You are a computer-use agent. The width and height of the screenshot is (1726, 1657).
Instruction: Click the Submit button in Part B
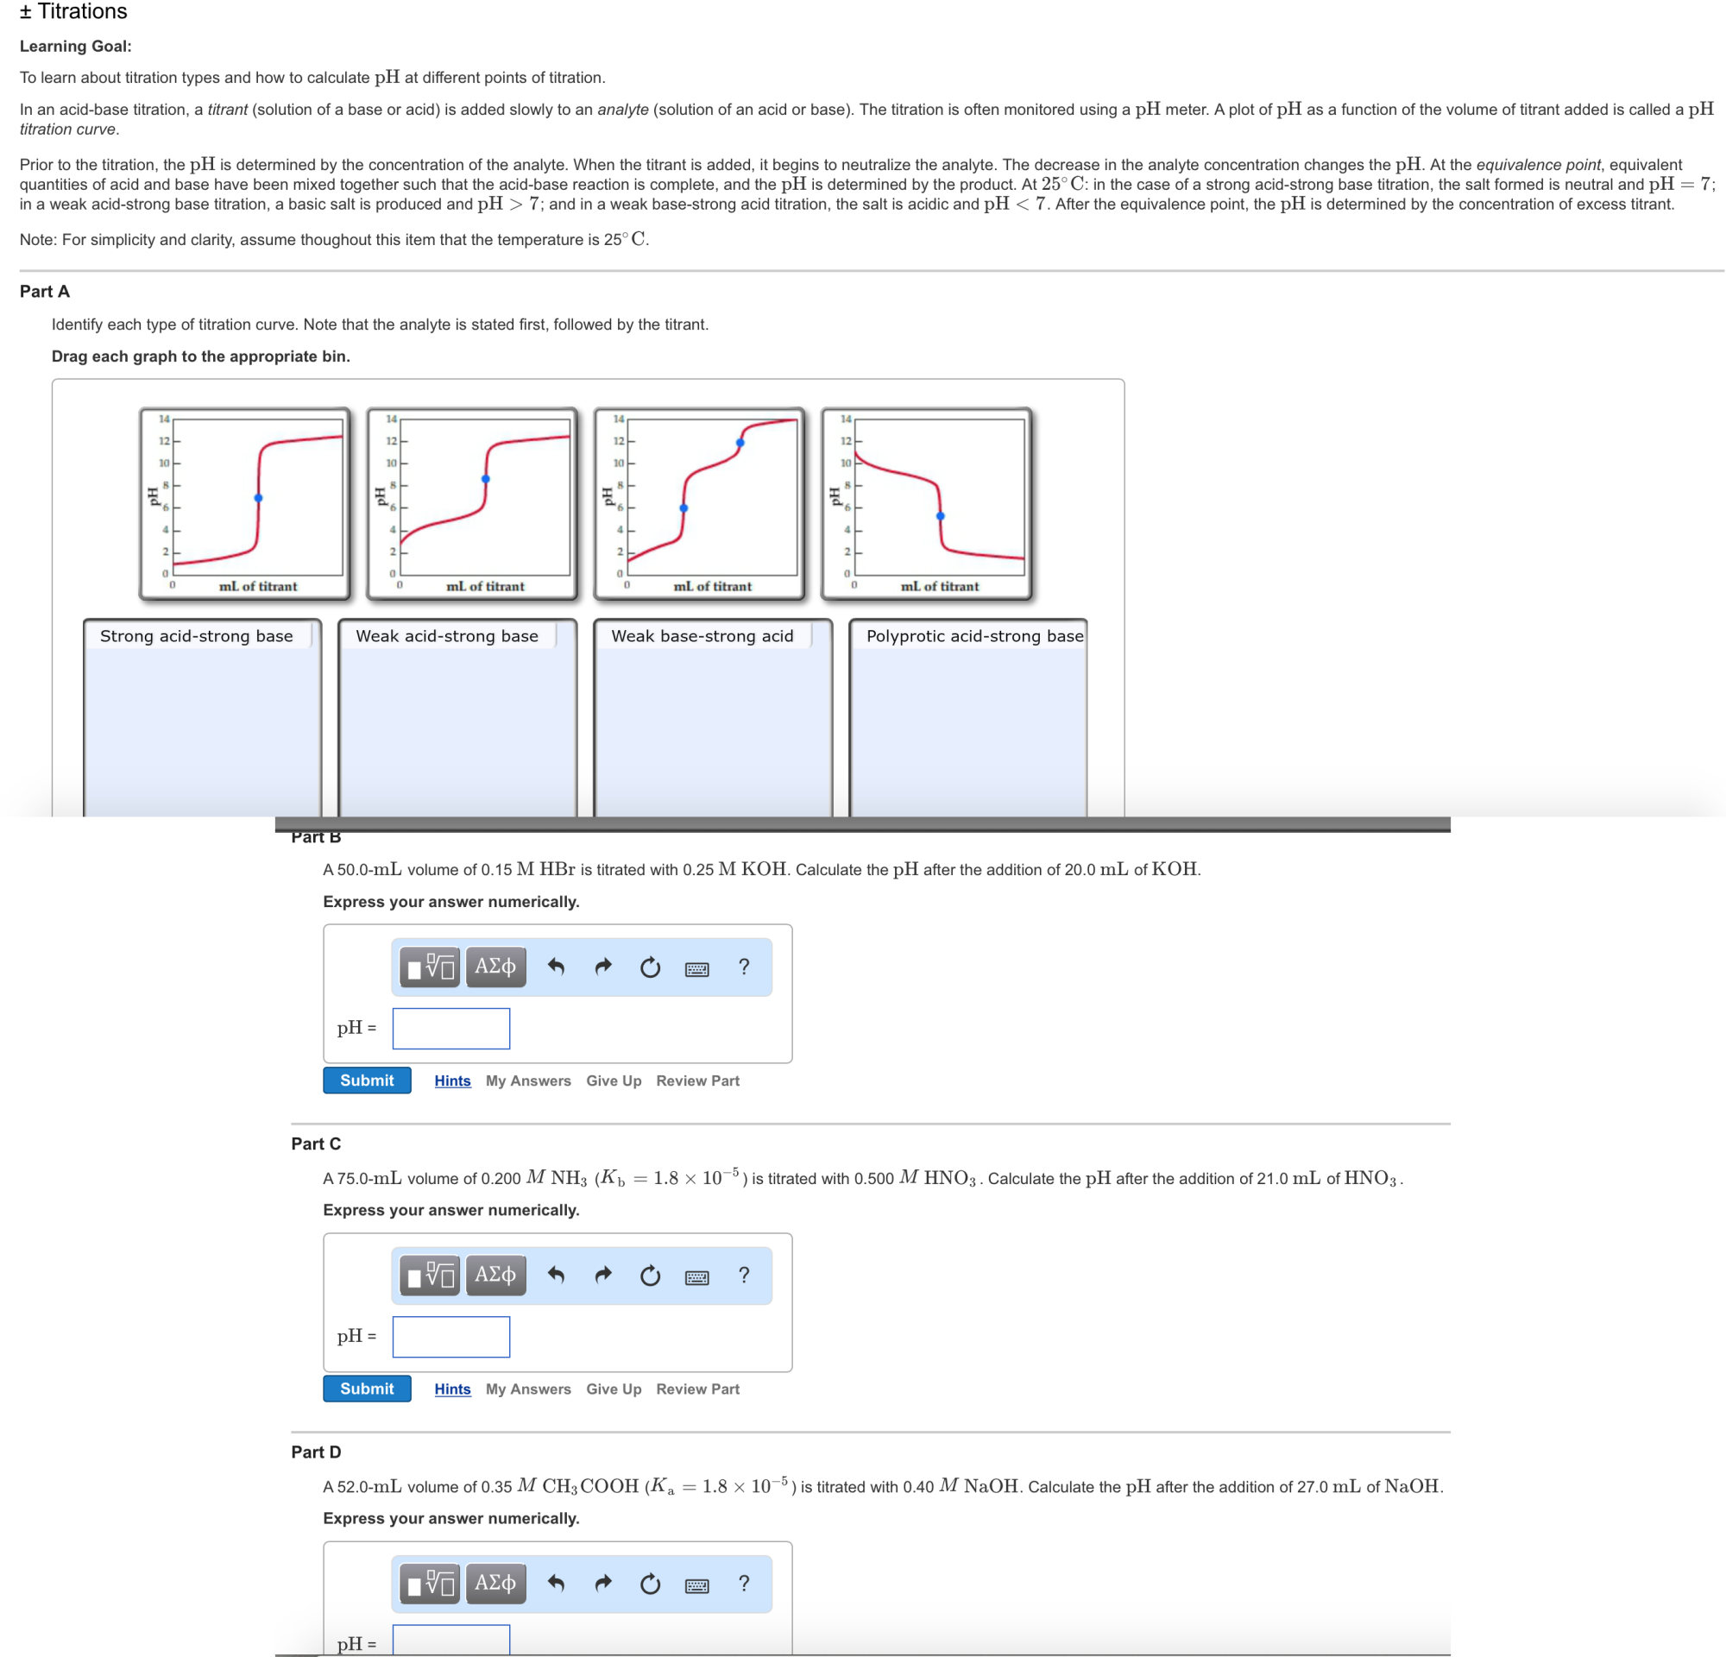click(x=366, y=1081)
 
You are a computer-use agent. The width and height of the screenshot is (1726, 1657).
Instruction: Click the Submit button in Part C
click(x=366, y=1389)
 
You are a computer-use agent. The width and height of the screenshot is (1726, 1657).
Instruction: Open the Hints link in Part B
click(x=451, y=1081)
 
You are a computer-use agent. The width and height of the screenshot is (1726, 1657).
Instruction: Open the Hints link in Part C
click(x=451, y=1389)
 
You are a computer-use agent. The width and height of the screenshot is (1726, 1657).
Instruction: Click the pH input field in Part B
click(x=450, y=1029)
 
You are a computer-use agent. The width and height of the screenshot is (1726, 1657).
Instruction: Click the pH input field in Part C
click(x=450, y=1337)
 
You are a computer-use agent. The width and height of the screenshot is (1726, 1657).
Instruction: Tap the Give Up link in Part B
click(x=613, y=1081)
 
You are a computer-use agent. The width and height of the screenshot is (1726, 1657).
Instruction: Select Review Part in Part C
click(x=697, y=1389)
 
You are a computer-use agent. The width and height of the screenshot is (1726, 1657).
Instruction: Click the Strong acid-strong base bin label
click(x=197, y=636)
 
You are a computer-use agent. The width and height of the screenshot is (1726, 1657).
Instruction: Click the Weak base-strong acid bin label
click(x=702, y=636)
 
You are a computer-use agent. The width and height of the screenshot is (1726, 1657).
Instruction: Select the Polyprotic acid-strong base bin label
click(x=974, y=636)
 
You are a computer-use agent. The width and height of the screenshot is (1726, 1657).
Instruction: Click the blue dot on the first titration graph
click(x=258, y=498)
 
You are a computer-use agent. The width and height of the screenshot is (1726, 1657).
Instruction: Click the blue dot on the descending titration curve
click(x=940, y=516)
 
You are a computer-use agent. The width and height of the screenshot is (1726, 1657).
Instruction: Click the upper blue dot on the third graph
click(x=740, y=443)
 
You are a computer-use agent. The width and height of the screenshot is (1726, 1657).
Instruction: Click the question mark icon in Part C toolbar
click(x=744, y=1275)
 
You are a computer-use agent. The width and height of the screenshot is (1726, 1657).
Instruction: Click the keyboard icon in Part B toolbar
click(x=696, y=968)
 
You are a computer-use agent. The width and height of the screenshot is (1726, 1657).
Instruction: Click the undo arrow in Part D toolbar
click(x=556, y=1583)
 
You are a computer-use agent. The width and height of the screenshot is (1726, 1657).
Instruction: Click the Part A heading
click(x=45, y=292)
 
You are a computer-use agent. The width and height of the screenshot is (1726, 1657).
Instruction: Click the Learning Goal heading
click(x=76, y=46)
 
